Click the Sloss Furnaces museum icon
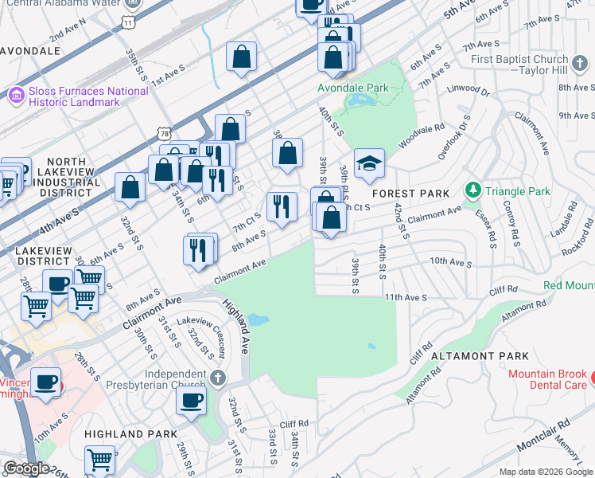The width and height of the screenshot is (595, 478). [x=14, y=97]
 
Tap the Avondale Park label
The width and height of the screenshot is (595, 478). [x=352, y=88]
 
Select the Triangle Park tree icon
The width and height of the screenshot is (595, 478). [x=473, y=190]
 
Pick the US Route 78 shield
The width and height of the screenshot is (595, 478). [x=163, y=131]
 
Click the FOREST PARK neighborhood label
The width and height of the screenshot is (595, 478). [x=411, y=194]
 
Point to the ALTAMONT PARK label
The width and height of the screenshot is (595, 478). [x=469, y=356]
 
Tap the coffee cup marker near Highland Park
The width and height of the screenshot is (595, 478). [x=191, y=401]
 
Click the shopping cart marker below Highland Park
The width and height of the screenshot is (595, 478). [x=99, y=459]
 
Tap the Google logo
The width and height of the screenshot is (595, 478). [x=26, y=468]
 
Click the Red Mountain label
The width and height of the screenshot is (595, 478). [x=569, y=285]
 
